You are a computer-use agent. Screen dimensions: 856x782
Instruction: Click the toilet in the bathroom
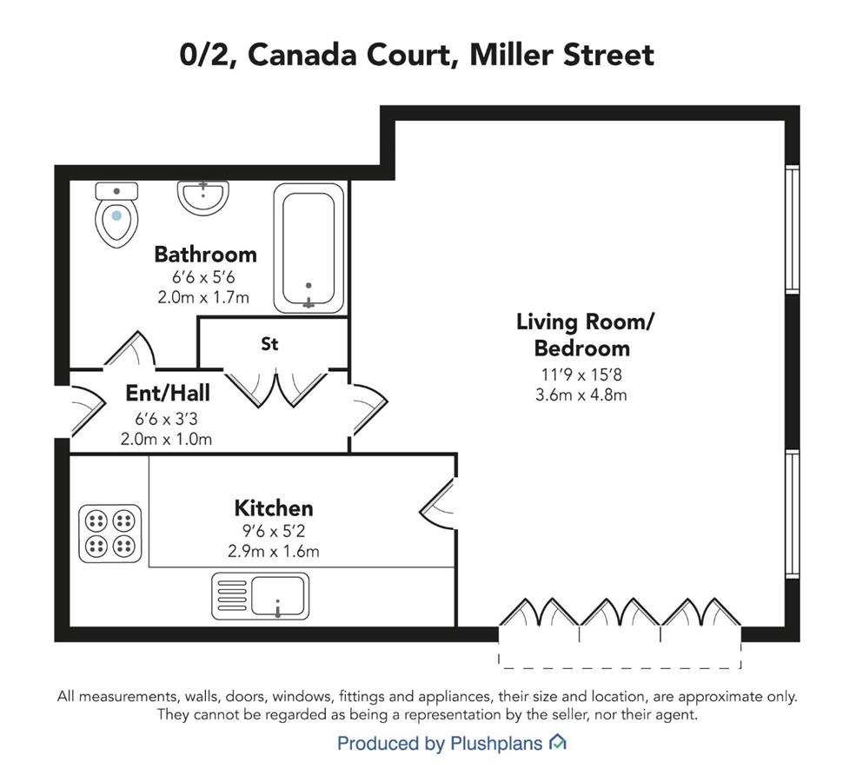pyautogui.click(x=116, y=215)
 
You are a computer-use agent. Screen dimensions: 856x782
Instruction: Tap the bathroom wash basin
pyautogui.click(x=203, y=197)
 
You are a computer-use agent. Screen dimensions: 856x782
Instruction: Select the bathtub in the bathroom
pyautogui.click(x=309, y=249)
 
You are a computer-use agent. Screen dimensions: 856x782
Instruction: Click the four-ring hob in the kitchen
pyautogui.click(x=110, y=533)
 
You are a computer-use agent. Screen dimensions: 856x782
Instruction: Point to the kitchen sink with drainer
pyautogui.click(x=260, y=596)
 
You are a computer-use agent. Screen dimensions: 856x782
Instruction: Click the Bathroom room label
pyautogui.click(x=205, y=255)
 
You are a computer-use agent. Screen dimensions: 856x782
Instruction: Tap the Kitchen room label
pyautogui.click(x=274, y=508)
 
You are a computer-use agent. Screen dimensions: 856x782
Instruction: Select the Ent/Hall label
pyautogui.click(x=168, y=393)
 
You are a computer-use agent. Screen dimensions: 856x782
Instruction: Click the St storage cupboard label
pyautogui.click(x=269, y=344)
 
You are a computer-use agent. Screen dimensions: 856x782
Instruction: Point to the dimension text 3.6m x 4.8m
pyautogui.click(x=581, y=394)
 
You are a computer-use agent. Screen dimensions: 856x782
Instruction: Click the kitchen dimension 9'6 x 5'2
pyautogui.click(x=273, y=530)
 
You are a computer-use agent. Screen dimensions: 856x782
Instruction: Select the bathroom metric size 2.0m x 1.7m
pyautogui.click(x=203, y=297)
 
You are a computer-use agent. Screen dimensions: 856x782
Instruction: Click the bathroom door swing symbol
pyautogui.click(x=131, y=349)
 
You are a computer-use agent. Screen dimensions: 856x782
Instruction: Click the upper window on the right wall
pyautogui.click(x=793, y=229)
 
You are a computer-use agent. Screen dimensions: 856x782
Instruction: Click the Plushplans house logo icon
pyautogui.click(x=557, y=742)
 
